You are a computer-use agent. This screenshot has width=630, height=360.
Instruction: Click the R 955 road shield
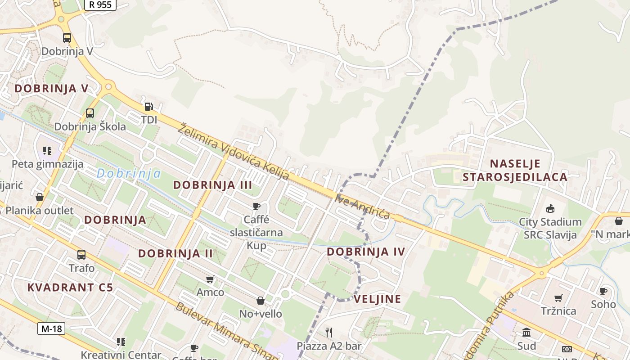coord(100,4)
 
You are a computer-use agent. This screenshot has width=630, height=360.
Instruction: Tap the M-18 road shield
coord(51,329)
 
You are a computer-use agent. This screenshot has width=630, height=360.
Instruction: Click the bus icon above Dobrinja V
coord(67,38)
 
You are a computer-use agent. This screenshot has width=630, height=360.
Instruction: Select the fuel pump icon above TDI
coord(148,107)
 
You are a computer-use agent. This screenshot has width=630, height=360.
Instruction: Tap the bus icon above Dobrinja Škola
coord(90,113)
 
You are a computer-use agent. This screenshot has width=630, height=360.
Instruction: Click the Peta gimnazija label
coord(48,164)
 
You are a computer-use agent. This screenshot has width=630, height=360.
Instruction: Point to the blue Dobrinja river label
coord(129,173)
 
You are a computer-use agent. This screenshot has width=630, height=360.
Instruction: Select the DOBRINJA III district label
coord(212,185)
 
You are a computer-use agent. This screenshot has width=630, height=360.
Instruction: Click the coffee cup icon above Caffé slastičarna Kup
coord(256,206)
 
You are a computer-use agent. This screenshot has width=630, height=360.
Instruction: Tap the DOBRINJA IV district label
coord(366,252)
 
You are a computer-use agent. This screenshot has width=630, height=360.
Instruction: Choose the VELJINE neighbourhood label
coord(377,299)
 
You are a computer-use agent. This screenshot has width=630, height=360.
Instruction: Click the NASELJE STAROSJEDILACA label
coord(515,170)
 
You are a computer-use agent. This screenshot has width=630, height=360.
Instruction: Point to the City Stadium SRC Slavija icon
coord(550,208)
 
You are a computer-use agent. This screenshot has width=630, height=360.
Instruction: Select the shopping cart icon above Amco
coord(210,279)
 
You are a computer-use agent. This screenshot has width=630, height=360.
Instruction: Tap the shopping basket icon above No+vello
coord(261,300)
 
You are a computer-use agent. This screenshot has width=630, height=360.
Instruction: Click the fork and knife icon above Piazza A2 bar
coord(329,333)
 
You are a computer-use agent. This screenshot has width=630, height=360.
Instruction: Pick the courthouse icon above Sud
coord(526,333)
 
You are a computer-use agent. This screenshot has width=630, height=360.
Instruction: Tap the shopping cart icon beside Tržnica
coord(558,298)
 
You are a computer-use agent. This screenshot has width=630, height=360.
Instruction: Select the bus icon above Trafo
coord(81,255)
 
